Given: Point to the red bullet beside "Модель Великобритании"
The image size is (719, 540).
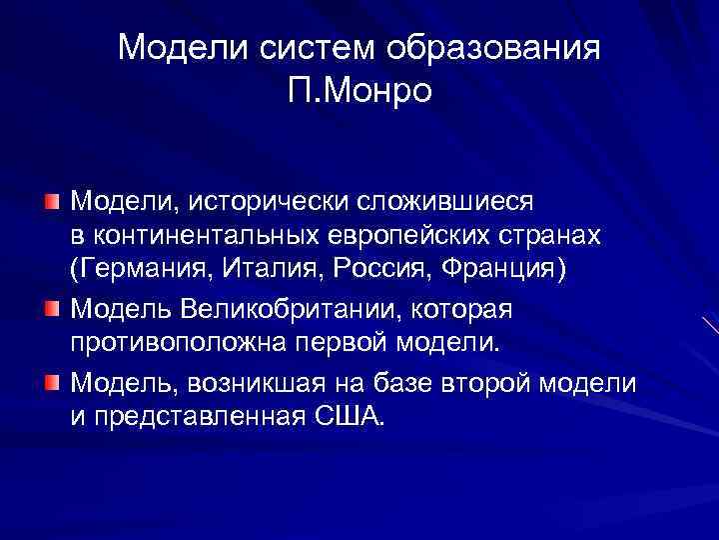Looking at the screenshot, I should [x=52, y=308].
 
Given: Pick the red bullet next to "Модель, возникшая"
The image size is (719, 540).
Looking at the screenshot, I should [x=52, y=380].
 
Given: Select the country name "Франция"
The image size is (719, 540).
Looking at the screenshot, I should [x=489, y=272].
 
